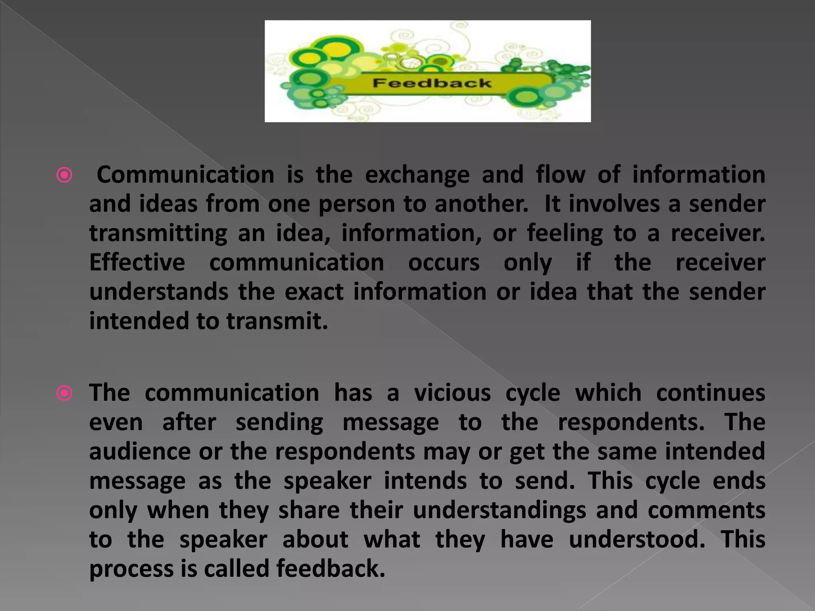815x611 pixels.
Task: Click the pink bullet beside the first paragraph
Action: click(64, 175)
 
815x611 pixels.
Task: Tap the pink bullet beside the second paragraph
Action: click(64, 393)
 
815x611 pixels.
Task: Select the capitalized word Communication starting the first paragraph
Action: click(185, 175)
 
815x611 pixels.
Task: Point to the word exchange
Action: click(417, 175)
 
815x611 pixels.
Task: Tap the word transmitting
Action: click(158, 234)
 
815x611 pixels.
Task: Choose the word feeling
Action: click(565, 234)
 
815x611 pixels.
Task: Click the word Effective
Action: click(137, 263)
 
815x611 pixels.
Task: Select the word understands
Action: click(159, 292)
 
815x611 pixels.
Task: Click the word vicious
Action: click(452, 393)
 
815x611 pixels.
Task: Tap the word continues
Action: click(710, 393)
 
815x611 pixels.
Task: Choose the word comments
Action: click(706, 510)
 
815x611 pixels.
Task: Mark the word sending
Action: click(279, 422)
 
